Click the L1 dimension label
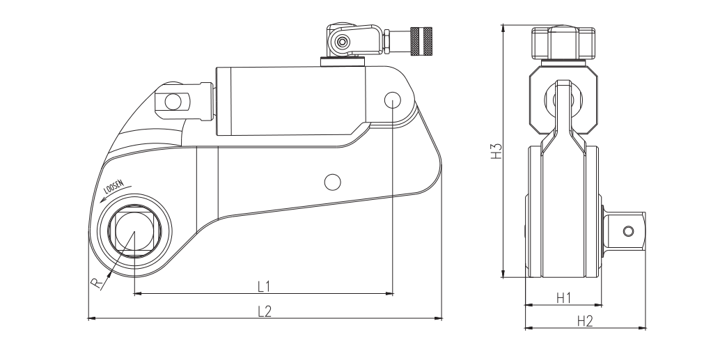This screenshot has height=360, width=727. click(x=264, y=285)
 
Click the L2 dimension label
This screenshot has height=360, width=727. click(x=264, y=311)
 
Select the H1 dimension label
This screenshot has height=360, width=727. click(x=564, y=297)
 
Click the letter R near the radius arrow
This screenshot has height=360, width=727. click(x=97, y=282)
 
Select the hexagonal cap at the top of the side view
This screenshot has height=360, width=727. click(x=563, y=43)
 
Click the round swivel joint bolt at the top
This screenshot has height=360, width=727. click(x=341, y=42)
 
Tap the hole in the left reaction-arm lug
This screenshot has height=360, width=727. click(x=171, y=102)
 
